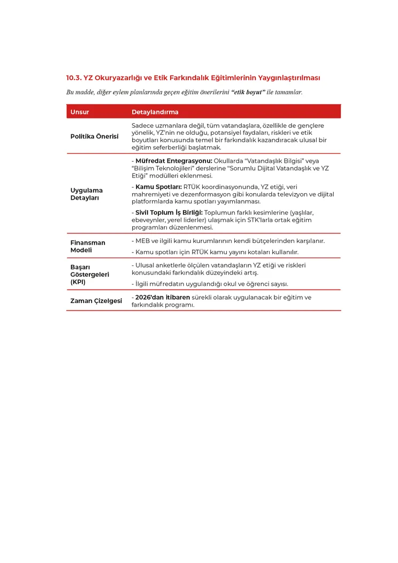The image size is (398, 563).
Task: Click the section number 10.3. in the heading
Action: [73, 78]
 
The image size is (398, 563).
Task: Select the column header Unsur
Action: [80, 112]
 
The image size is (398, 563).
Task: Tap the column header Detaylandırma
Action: [155, 112]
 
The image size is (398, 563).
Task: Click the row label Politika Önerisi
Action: [95, 136]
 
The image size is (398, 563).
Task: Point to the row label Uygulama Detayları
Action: [87, 194]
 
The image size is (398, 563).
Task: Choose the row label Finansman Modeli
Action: [88, 246]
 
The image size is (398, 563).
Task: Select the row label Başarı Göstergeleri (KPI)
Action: [90, 274]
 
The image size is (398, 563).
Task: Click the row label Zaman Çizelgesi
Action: [96, 301]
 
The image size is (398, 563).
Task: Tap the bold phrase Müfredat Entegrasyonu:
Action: [174, 161]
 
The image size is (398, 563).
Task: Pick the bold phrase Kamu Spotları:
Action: [158, 187]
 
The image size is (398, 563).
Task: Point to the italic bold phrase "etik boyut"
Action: [248, 92]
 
